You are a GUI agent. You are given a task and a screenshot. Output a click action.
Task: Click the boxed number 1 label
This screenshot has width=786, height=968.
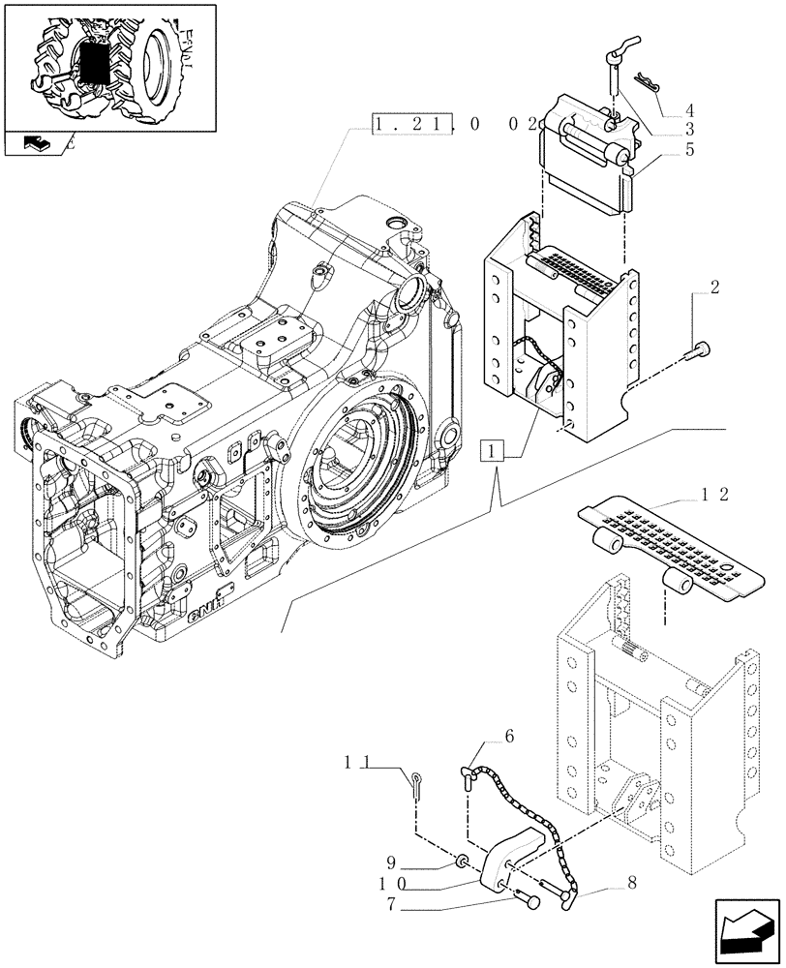click(494, 451)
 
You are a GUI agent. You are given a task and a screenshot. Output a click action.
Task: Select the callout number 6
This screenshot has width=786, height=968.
click(509, 738)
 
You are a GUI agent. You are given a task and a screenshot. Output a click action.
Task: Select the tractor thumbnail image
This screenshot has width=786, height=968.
click(108, 65)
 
